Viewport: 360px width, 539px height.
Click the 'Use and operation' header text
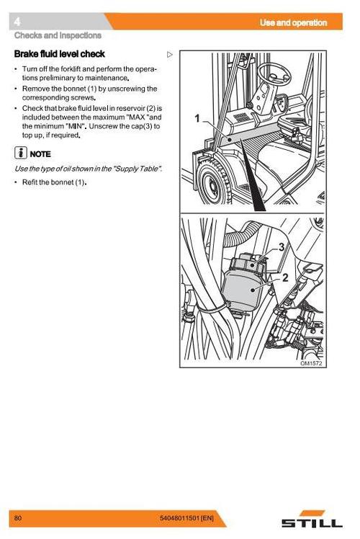[x=293, y=23]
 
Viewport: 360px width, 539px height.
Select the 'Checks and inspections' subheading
[x=58, y=35]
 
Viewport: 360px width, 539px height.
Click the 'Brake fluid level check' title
[x=60, y=54]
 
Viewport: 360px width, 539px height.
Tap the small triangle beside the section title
[x=170, y=54]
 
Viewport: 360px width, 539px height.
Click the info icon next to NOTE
[x=20, y=153]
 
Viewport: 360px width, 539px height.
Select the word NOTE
[x=40, y=154]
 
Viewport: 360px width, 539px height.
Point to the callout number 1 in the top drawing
[x=197, y=118]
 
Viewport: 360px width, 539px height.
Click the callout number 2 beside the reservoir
[x=285, y=277]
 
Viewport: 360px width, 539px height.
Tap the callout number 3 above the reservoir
[x=282, y=247]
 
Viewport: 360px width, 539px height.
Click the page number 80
[x=18, y=517]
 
